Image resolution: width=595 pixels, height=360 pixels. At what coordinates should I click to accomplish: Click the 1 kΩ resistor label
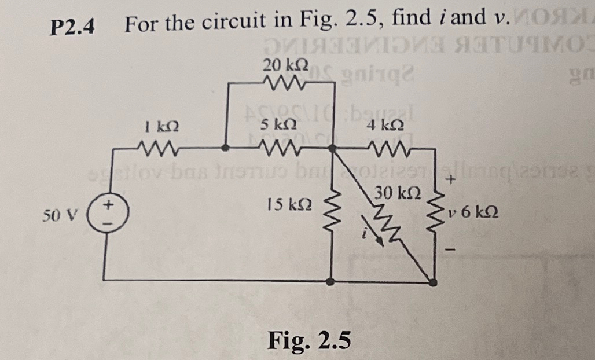tap(157, 126)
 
